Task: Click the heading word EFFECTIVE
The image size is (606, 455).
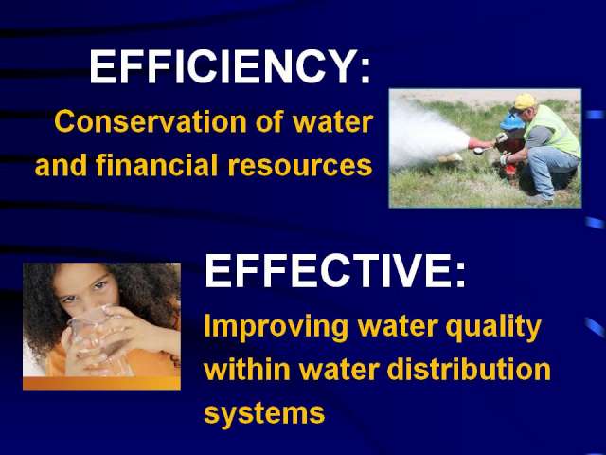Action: point(327,270)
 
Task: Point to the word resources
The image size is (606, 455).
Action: point(300,166)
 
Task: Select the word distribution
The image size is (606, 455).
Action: point(469,369)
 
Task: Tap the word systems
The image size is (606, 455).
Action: point(264,413)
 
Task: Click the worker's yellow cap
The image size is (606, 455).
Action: point(524,101)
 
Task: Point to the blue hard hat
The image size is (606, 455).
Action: point(511,121)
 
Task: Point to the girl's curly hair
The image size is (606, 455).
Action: point(43,310)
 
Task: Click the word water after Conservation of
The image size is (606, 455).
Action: point(332,122)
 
